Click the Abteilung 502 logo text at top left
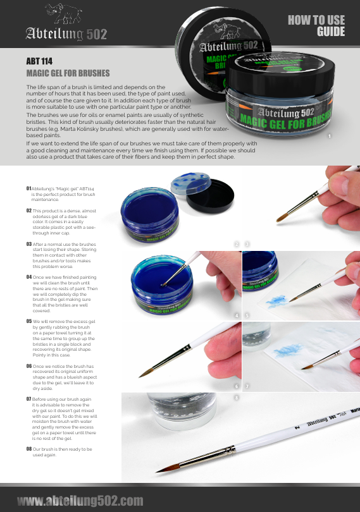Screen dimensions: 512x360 [x=65, y=34]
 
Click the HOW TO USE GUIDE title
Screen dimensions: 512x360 [x=316, y=26]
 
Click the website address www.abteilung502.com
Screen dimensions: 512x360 [x=80, y=501]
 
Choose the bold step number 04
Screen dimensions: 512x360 [x=29, y=276]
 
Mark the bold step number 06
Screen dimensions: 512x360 [x=29, y=365]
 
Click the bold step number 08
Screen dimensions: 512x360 [x=29, y=448]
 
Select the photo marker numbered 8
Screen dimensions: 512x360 [x=237, y=398]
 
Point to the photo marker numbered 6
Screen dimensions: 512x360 [x=237, y=386]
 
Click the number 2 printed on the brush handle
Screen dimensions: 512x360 [x=295, y=427]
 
